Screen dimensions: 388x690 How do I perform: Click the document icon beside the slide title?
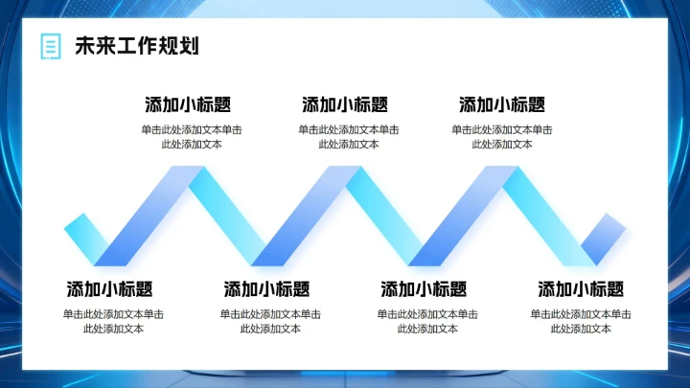pyautogui.click(x=49, y=46)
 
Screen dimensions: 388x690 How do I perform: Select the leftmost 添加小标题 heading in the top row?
pyautogui.click(x=188, y=105)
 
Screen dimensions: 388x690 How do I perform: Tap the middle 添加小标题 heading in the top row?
pyautogui.click(x=345, y=105)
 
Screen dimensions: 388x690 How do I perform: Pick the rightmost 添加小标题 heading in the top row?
pyautogui.click(x=502, y=105)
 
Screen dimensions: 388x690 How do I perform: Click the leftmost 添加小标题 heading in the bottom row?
pyautogui.click(x=109, y=289)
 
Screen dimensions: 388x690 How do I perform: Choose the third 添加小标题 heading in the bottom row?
pyautogui.click(x=424, y=289)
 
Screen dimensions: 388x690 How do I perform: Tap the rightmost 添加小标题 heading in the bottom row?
pyautogui.click(x=581, y=289)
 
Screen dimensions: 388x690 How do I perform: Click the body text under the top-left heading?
pyautogui.click(x=192, y=137)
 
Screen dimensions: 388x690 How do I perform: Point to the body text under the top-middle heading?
pyautogui.click(x=349, y=137)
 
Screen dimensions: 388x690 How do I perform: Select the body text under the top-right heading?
pyautogui.click(x=502, y=137)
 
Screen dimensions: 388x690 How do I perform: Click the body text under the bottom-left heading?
pyautogui.click(x=113, y=321)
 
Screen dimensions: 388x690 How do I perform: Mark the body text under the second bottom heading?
pyautogui.click(x=270, y=321)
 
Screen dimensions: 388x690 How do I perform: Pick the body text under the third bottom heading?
pyautogui.click(x=427, y=321)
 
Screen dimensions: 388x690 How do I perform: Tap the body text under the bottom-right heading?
pyautogui.click(x=581, y=321)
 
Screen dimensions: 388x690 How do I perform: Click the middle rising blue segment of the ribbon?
pyautogui.click(x=307, y=217)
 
